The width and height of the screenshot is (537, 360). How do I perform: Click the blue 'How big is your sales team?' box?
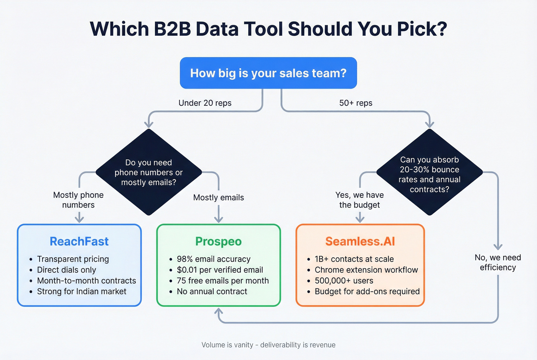point(268,73)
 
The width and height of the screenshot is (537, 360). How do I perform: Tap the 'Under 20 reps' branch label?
point(205,103)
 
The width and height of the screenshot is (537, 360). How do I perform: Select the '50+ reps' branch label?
point(356,103)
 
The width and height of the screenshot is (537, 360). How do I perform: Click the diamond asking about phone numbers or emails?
point(148,172)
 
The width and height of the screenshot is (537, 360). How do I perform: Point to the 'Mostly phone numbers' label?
point(78,200)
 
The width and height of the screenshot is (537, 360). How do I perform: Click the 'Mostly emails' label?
point(218,197)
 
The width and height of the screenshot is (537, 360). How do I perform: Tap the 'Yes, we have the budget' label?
point(359,200)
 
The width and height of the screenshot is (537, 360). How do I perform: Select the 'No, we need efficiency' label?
point(497,262)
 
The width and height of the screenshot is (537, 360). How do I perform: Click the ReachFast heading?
point(79,241)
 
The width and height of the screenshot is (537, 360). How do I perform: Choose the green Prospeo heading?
point(218,241)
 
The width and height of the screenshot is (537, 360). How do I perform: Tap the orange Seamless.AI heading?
point(360,241)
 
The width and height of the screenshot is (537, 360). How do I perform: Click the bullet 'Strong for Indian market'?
point(81,291)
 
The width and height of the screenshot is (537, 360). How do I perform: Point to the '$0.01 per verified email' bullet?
point(220,270)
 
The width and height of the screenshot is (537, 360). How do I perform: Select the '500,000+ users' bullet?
point(344,281)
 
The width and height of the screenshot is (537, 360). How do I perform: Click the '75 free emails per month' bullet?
point(222,281)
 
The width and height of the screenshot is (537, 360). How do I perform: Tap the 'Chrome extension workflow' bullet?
point(366,270)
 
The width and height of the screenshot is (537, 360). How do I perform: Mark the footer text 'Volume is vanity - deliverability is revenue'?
point(268,345)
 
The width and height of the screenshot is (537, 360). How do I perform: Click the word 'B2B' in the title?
point(172,29)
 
